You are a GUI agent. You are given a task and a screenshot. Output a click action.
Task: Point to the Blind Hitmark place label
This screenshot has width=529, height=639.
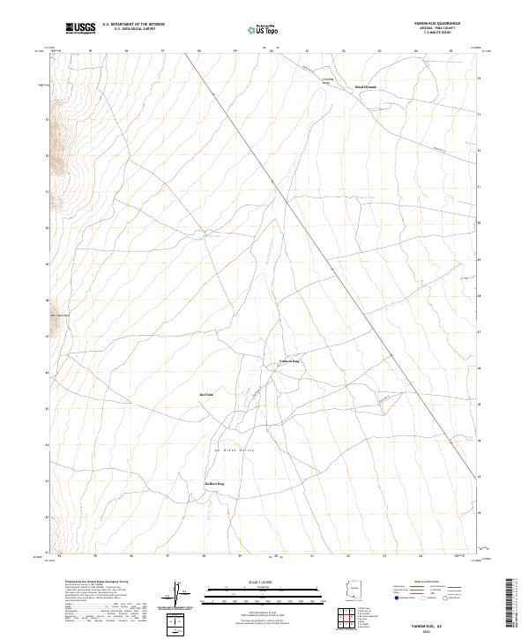click(365, 87)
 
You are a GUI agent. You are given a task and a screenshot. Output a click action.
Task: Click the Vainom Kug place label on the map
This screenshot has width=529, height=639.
click(289, 361)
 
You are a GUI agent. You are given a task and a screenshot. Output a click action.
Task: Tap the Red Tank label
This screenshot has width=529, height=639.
click(206, 394)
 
